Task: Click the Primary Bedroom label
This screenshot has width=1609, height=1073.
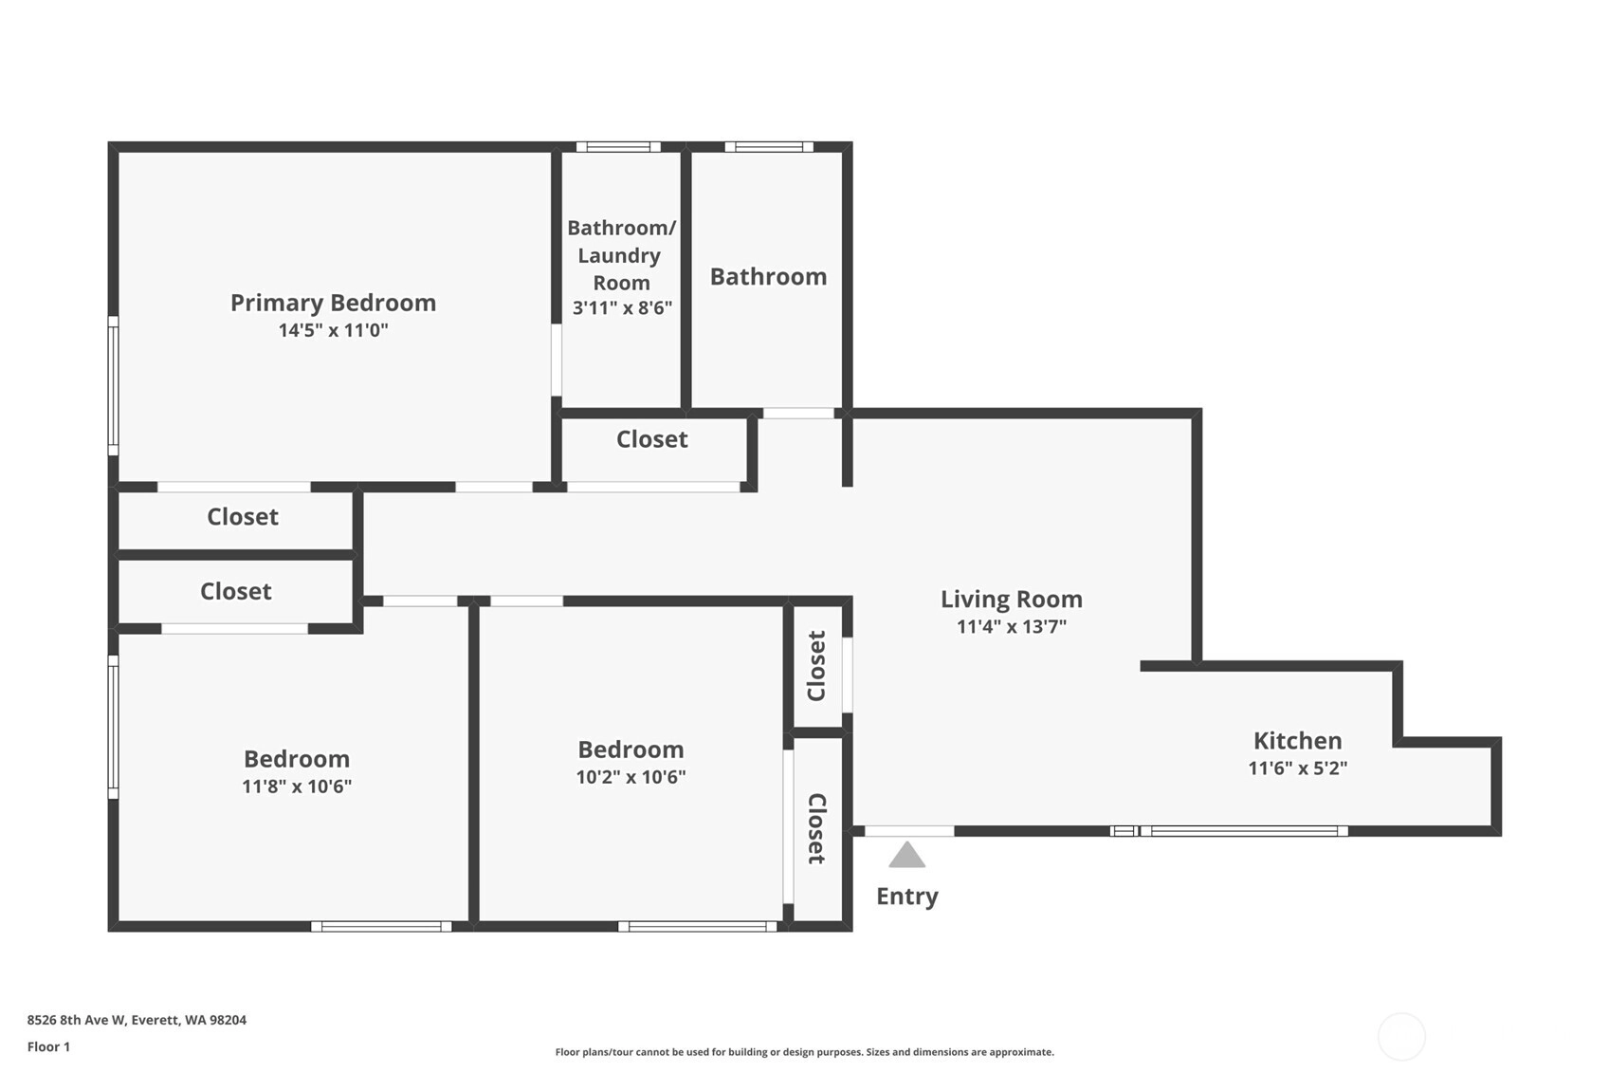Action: point(333,304)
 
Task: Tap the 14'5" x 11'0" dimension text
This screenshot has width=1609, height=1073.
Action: point(334,330)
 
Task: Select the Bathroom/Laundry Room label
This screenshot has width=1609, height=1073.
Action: point(621,255)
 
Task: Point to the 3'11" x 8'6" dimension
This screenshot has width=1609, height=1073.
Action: point(622,308)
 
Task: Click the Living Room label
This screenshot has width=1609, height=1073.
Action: point(1012,599)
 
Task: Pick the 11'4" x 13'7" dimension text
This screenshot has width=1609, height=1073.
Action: point(1012,627)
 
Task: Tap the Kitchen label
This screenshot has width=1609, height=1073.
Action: point(1297,740)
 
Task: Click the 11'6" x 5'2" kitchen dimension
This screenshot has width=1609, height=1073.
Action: point(1297,768)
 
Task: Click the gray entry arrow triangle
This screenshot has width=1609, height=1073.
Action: point(906,855)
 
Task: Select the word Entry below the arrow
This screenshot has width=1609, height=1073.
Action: point(907,897)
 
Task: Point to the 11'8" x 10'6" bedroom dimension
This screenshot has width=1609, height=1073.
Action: point(297,786)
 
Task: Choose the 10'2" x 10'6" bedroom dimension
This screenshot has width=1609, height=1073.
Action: point(631,777)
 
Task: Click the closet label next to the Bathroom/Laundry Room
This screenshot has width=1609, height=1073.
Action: point(651,439)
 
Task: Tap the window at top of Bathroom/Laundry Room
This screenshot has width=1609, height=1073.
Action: point(618,147)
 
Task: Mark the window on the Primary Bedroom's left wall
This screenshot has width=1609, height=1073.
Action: point(113,386)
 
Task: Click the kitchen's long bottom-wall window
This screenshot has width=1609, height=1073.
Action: point(1244,831)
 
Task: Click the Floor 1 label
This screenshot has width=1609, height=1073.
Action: point(49,1047)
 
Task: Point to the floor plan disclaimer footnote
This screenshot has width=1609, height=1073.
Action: point(804,1052)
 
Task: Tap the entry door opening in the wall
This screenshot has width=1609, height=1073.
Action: point(909,831)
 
